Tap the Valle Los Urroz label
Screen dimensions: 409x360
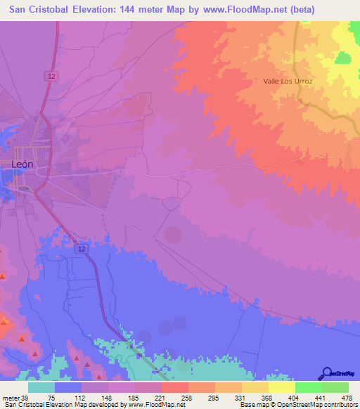(287, 82)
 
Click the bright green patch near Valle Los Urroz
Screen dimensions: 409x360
(343, 58)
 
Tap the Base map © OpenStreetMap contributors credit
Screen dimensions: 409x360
(298, 405)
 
